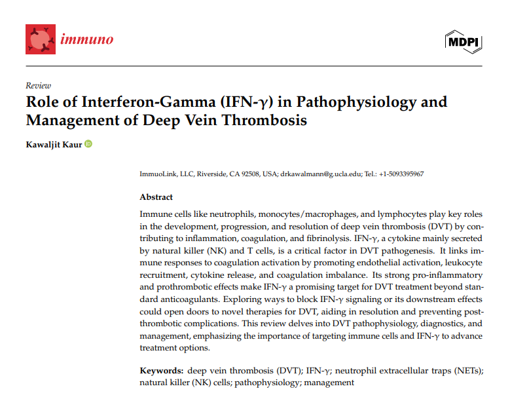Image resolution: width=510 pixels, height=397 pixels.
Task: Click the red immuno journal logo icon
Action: tap(41, 39)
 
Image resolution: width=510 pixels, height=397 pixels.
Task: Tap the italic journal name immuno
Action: tap(87, 39)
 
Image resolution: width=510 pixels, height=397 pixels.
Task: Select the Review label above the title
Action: tap(38, 85)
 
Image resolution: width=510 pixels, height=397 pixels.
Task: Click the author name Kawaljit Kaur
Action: tap(54, 144)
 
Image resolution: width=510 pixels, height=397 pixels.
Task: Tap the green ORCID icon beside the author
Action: tap(88, 144)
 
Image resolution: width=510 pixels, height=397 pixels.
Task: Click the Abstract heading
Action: tap(156, 197)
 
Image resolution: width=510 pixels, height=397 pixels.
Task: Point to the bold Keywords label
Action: tap(162, 371)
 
